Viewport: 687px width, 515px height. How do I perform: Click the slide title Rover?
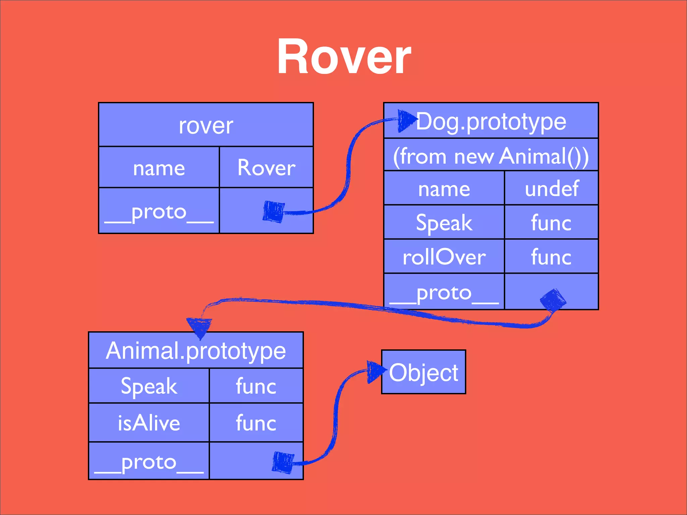pos(343,56)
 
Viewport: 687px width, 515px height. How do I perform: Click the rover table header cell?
pos(206,125)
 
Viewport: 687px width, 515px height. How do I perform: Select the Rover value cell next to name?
pos(266,167)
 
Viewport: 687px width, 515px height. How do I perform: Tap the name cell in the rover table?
pos(159,167)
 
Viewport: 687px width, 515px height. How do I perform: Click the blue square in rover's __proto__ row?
pos(274,212)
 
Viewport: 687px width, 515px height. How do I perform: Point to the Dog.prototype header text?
pos(491,121)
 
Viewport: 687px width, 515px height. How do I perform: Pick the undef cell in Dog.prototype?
pos(551,188)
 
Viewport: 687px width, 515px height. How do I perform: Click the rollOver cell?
pos(444,257)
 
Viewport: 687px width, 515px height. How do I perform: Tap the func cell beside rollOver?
pos(551,257)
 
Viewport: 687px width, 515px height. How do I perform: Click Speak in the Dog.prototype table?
pos(444,223)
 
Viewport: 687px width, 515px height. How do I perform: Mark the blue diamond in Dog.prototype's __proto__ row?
pos(553,299)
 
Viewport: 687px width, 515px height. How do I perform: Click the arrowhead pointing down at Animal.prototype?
pos(200,327)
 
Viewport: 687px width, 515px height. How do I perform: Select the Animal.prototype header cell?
pos(196,351)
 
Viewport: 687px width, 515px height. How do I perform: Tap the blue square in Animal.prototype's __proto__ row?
pos(283,462)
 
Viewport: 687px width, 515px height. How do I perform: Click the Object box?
pos(423,372)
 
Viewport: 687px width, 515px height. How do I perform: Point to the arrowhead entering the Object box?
pos(375,371)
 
